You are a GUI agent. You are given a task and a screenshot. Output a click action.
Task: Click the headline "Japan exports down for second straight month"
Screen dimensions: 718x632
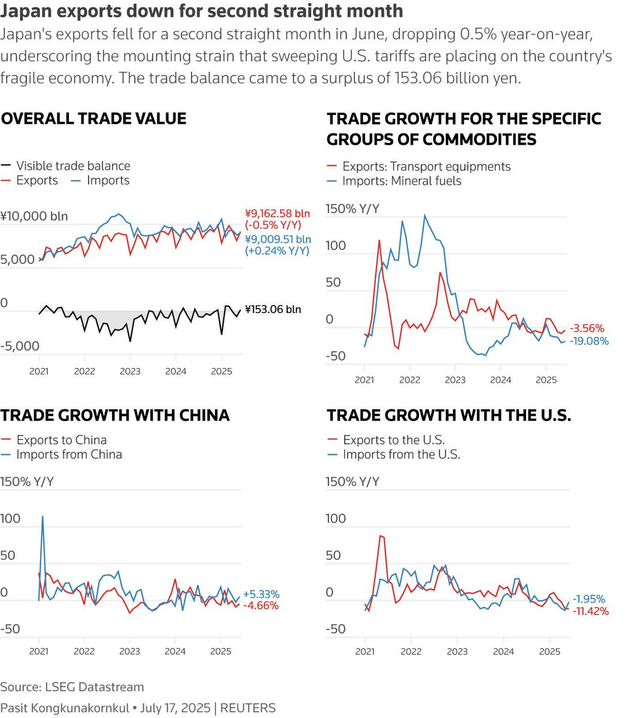point(202,11)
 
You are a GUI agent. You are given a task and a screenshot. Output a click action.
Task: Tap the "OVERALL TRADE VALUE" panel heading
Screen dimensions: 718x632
point(94,118)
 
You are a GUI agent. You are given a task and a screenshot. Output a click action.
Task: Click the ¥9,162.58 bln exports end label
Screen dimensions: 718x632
point(277,214)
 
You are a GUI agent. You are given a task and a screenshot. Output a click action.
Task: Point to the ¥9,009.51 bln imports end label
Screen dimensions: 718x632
point(277,240)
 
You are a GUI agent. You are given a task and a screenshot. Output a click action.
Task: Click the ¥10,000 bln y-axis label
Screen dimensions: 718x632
point(34,216)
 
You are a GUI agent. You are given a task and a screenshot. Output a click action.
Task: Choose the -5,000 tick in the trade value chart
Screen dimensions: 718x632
point(20,346)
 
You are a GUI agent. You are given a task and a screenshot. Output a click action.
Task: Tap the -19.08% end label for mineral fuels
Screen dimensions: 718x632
point(589,341)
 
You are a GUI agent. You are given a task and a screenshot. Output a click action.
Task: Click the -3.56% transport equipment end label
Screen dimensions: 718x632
point(587,328)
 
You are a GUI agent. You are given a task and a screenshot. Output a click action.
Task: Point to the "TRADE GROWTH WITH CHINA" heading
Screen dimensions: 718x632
point(116,415)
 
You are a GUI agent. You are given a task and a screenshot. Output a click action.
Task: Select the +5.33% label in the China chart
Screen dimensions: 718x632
point(262,594)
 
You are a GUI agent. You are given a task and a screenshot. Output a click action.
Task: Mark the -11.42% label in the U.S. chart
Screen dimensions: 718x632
point(591,611)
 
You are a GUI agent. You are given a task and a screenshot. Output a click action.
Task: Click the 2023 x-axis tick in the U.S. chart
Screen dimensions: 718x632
point(457,651)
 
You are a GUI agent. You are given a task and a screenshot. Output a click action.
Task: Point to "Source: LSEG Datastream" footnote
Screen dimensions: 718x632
point(72,686)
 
